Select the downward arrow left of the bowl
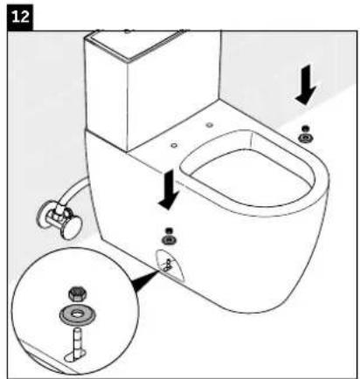tap(166, 190)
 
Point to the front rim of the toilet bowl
tap(288, 218)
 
